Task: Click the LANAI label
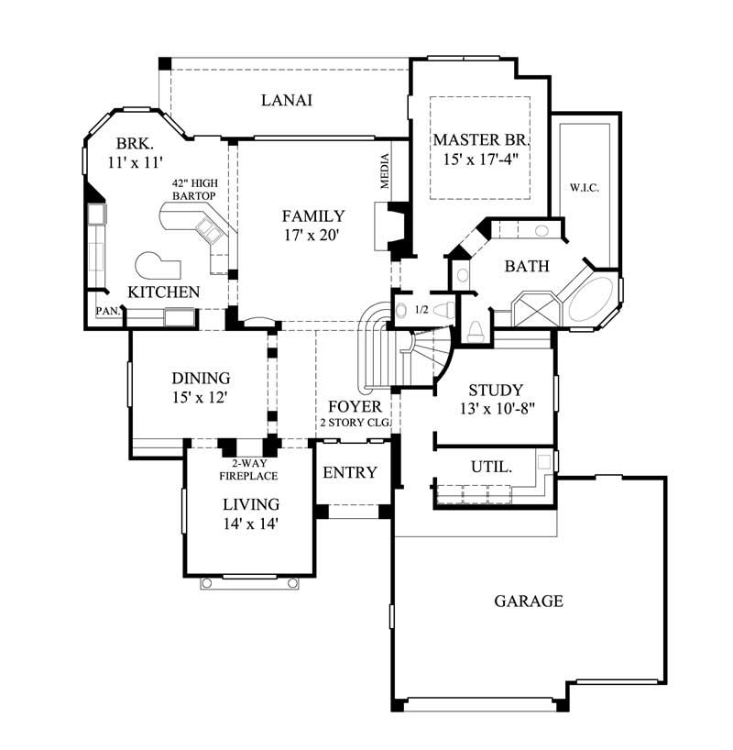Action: coord(287,101)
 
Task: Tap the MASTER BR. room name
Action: coord(481,140)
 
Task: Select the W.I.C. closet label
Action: coord(584,188)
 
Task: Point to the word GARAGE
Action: coord(529,601)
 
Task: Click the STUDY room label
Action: coord(495,390)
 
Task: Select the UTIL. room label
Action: coord(491,467)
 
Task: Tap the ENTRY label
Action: coord(350,473)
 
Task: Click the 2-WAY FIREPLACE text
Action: coord(247,470)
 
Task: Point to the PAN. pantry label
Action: coord(106,312)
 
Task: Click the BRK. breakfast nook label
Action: coord(134,144)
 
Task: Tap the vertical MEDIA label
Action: coord(386,171)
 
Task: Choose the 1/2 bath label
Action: coord(421,310)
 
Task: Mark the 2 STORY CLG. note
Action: coord(355,423)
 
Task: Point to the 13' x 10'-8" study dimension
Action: coord(495,409)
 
